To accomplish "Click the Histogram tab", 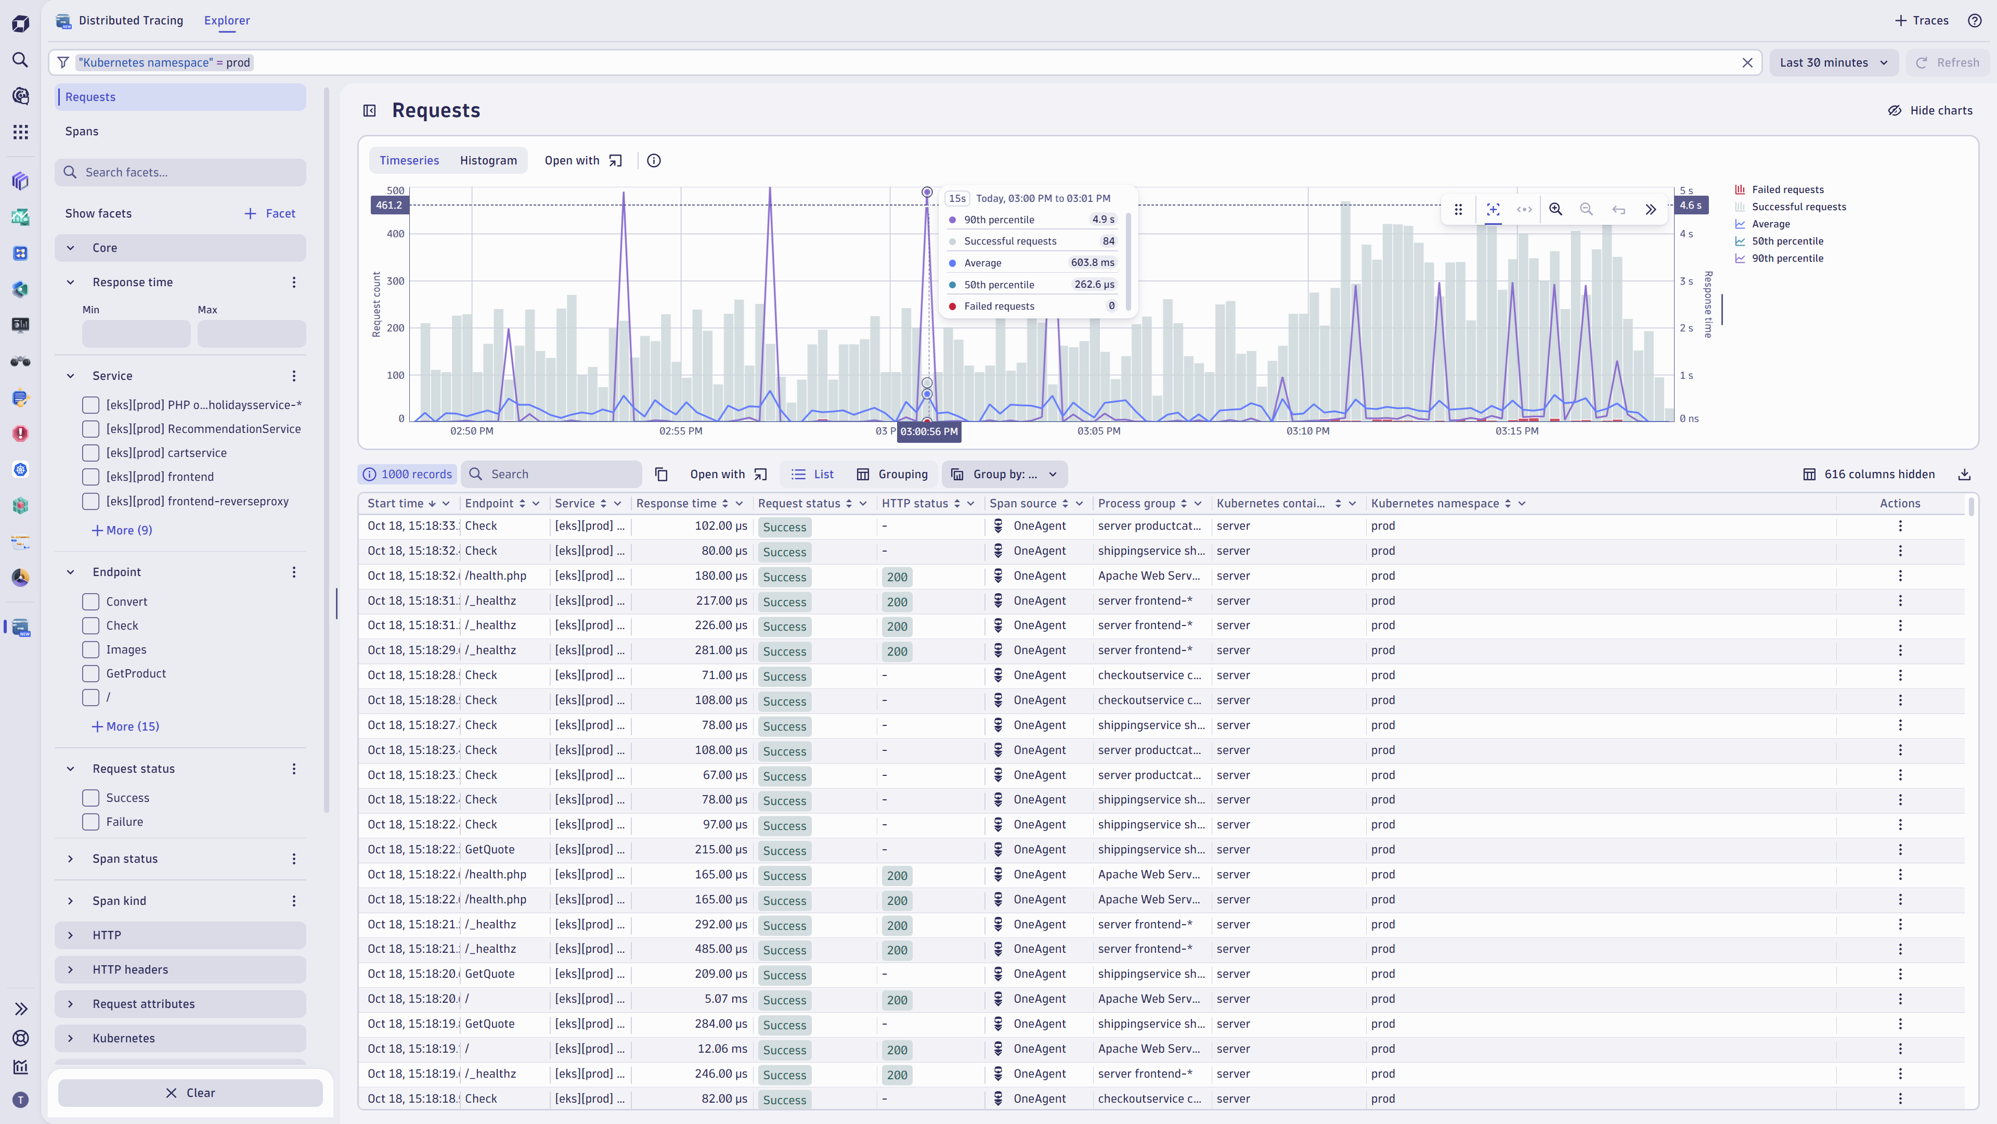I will click(x=488, y=161).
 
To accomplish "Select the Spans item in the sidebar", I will click(x=82, y=131).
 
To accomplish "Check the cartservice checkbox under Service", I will click(x=90, y=453).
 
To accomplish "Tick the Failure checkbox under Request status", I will click(x=90, y=822).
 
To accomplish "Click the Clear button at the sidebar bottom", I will click(x=190, y=1092).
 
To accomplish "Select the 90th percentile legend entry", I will click(x=1787, y=258).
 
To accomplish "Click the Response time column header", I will click(x=676, y=503).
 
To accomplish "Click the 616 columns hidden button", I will click(x=1869, y=474).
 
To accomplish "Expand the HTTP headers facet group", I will click(x=130, y=969).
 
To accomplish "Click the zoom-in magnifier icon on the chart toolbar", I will click(x=1555, y=209).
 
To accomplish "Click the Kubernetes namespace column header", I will click(x=1434, y=503).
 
